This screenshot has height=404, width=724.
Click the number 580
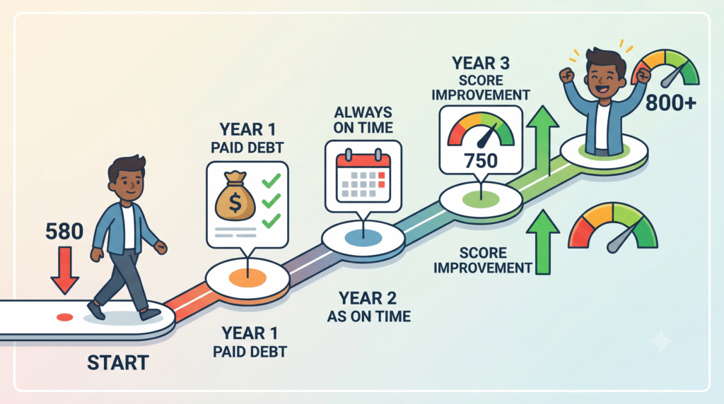point(64,232)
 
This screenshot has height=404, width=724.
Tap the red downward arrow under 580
point(64,271)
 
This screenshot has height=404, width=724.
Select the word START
point(118,363)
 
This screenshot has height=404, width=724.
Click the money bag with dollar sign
point(235,196)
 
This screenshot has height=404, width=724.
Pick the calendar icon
point(363,176)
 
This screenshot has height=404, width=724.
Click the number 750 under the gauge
point(481,161)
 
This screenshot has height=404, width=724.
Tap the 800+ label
point(671,103)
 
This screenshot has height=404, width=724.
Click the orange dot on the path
point(247,278)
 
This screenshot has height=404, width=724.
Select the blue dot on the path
point(363,238)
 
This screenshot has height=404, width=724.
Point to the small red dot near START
point(64,317)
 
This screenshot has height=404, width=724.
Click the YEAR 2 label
point(368,298)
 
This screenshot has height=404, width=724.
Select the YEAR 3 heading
point(481,63)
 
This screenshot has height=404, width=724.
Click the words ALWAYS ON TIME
point(363,120)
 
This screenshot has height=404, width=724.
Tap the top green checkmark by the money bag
point(271,180)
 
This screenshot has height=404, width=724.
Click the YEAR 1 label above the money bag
point(247,129)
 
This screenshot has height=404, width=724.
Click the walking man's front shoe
point(151,314)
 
